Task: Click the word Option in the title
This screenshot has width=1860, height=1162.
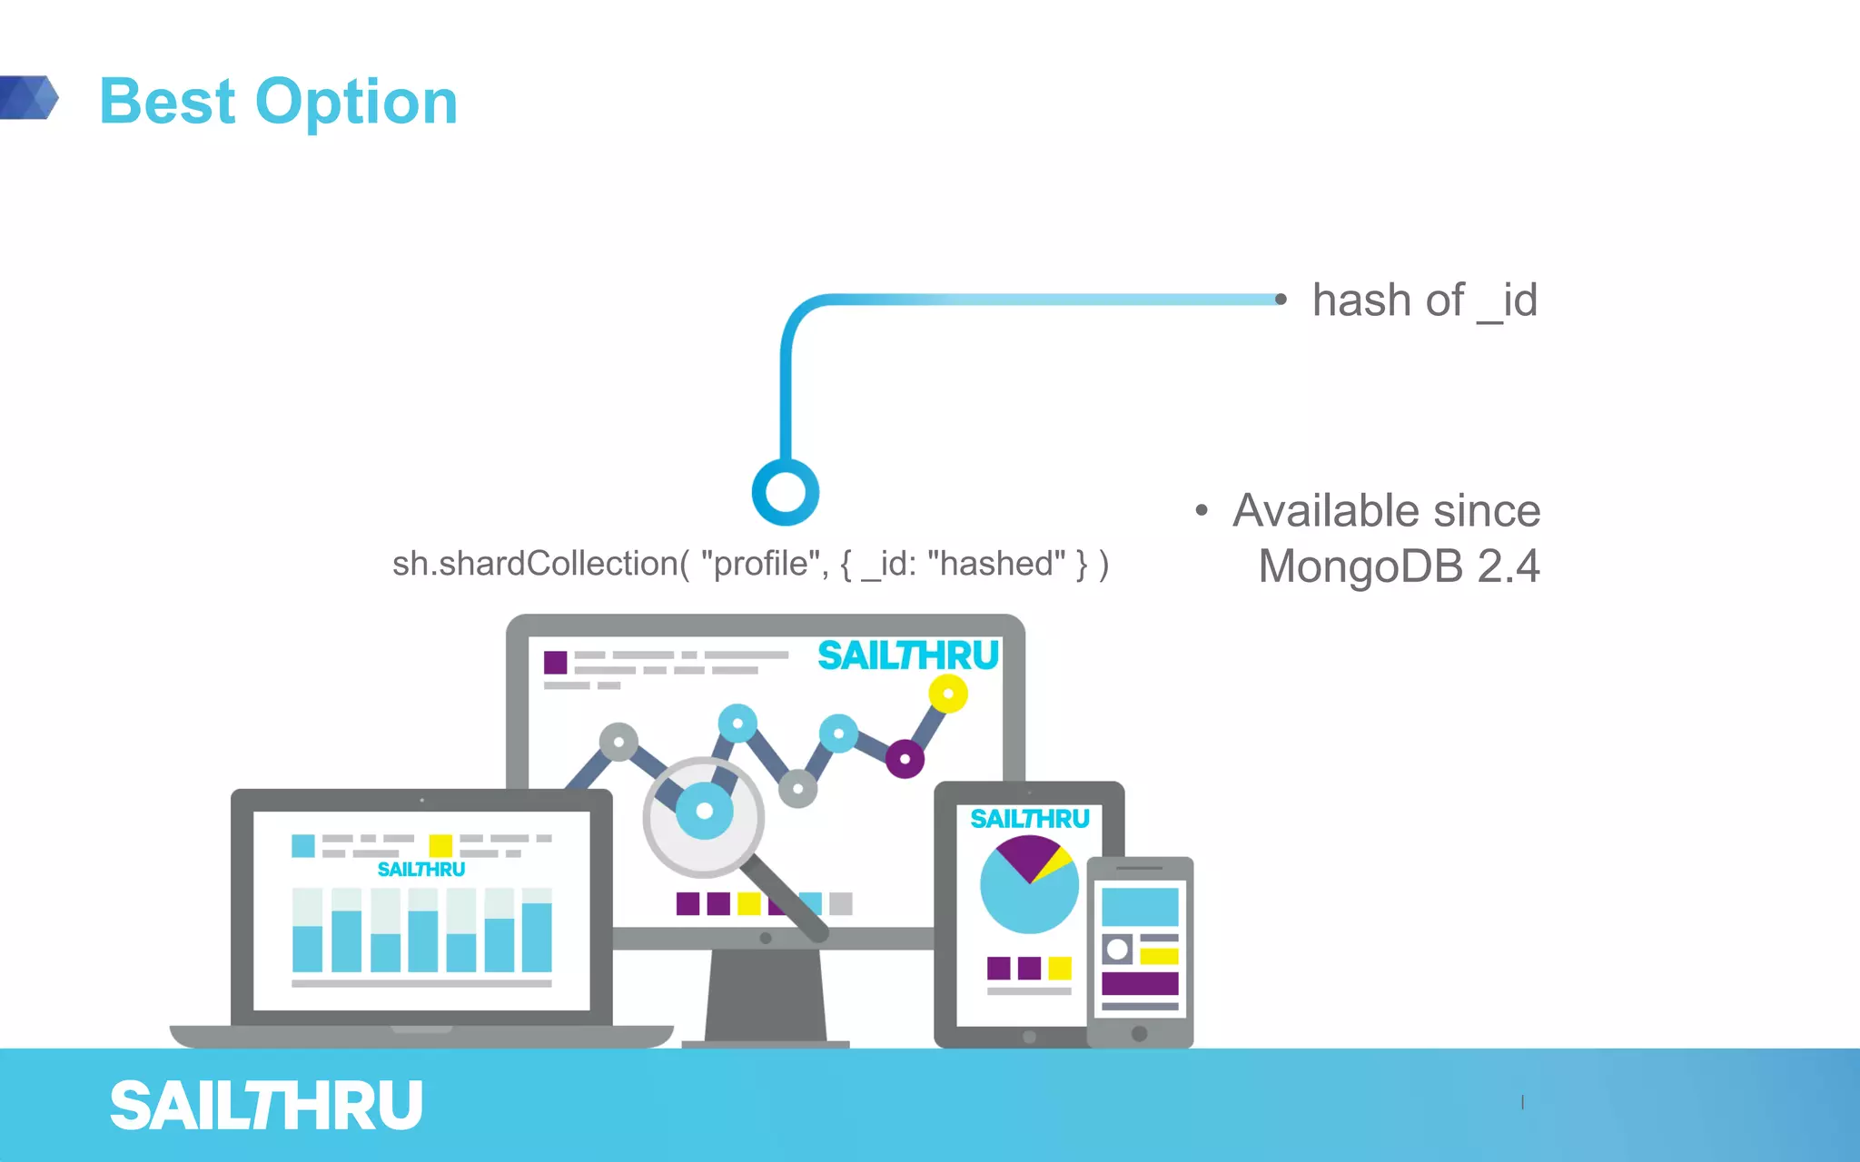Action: coord(356,102)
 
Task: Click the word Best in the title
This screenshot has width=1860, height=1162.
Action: coord(167,102)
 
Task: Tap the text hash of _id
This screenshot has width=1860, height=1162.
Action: coord(1424,300)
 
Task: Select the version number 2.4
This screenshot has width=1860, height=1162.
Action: coord(1508,566)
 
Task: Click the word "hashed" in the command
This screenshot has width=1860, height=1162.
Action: coord(995,564)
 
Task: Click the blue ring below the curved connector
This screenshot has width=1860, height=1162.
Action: coord(786,492)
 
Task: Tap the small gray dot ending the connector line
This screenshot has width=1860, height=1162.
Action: coord(1281,299)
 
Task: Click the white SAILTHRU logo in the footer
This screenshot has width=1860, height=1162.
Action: coord(266,1106)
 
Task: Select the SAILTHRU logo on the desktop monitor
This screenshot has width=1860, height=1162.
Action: coord(907,655)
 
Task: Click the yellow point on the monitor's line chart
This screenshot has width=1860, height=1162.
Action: coord(948,694)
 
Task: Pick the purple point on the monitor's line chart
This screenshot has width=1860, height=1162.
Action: coord(905,759)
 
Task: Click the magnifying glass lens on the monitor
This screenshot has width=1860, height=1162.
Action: coord(704,815)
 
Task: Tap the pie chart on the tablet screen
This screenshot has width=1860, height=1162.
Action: coord(1029,885)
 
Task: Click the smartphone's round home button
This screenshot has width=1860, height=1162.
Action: coord(1139,1033)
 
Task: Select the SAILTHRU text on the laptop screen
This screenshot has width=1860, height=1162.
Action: coord(420,870)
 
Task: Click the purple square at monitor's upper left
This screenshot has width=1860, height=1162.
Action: coord(555,662)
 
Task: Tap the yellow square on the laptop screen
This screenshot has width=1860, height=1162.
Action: coord(440,845)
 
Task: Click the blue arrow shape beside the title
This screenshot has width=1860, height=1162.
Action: coord(29,97)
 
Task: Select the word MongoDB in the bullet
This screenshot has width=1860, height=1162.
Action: coord(1360,566)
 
